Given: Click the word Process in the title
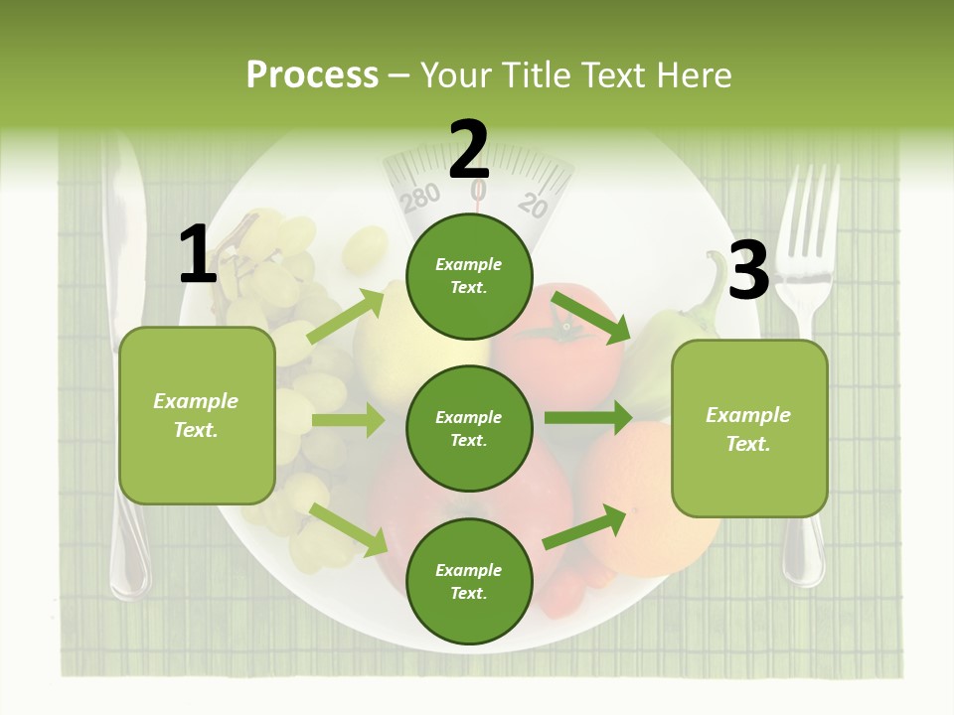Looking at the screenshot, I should pos(312,75).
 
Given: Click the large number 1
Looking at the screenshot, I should pos(198,255).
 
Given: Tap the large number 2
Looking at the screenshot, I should pos(469,150).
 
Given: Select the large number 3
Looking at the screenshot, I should pos(749,270).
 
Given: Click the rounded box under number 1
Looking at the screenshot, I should pos(197,415).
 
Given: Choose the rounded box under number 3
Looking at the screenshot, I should pos(749,429).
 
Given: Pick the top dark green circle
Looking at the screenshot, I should pos(469,276).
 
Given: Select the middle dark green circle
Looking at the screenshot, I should pos(469,429).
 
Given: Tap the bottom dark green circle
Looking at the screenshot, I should pos(469,582).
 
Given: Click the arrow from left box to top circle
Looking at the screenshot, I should pos(346,317).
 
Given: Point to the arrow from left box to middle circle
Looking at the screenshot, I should pos(348,420).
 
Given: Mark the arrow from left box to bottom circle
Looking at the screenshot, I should pos(349,529).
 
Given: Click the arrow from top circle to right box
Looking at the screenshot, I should pos(590,317).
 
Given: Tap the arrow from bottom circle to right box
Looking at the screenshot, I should pos(584,527).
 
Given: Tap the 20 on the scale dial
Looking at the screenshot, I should pos(534,205).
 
